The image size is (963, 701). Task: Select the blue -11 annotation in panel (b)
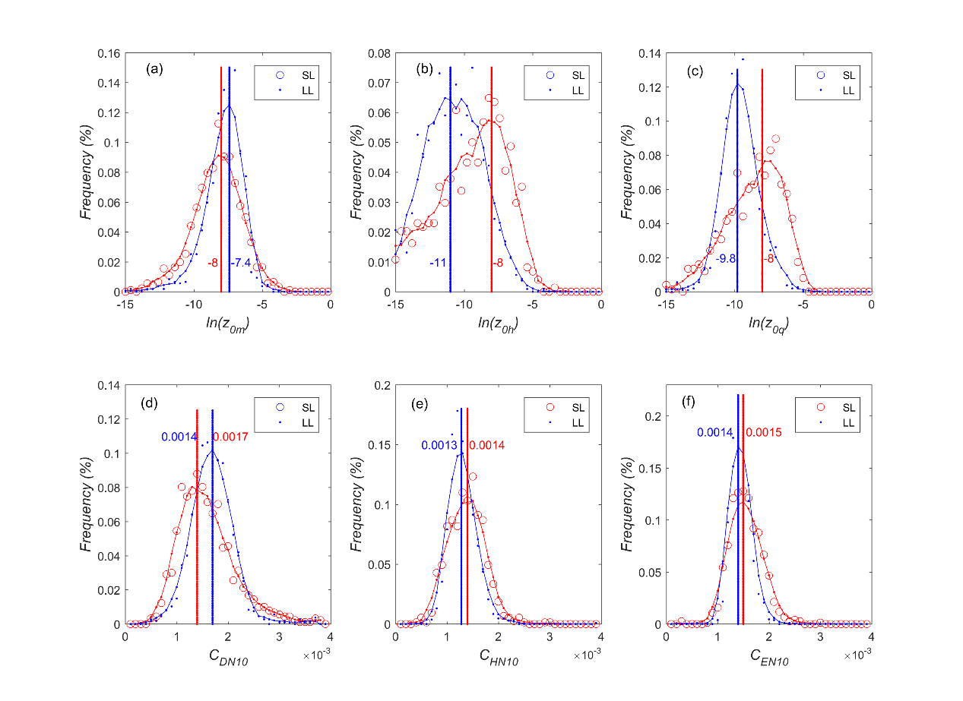pyautogui.click(x=437, y=263)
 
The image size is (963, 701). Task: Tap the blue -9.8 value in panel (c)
pyautogui.click(x=725, y=258)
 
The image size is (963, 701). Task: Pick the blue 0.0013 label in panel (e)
pyautogui.click(x=439, y=445)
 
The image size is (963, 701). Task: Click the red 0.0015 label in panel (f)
pyautogui.click(x=763, y=432)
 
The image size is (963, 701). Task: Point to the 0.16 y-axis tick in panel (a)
pyautogui.click(x=107, y=54)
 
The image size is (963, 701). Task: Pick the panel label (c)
pyautogui.click(x=695, y=71)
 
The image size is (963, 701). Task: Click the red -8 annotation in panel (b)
pyautogui.click(x=498, y=263)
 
